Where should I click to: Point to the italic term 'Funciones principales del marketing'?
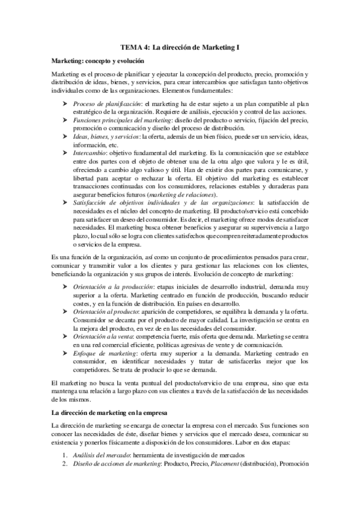click(121, 120)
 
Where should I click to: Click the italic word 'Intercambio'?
click(90, 153)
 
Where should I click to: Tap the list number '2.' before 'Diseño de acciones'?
click(66, 464)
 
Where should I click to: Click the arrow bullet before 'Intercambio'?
click(65, 153)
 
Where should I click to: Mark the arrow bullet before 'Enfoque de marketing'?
click(65, 355)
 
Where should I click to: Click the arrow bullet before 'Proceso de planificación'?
click(65, 104)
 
